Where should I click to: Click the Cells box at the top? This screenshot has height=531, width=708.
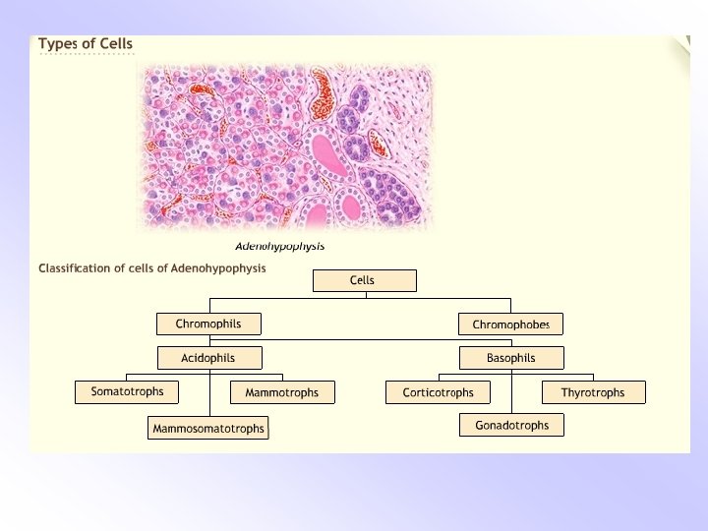pos(364,281)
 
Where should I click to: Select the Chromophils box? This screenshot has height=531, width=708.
pos(211,324)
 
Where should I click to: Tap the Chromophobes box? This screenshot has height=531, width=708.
pos(510,324)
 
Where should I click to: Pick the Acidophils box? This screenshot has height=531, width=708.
pos(208,357)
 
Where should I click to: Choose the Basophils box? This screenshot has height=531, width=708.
pos(510,357)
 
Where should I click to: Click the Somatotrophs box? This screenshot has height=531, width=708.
pos(128,391)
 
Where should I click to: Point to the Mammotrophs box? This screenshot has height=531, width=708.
pos(282,392)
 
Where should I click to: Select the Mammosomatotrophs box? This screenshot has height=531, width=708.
pos(208,429)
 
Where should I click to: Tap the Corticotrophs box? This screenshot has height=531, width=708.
pos(439,392)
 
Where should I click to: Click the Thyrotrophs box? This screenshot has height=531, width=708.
pos(593,392)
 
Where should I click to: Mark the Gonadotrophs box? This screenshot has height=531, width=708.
pos(511,425)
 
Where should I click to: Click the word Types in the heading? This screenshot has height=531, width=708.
pos(56,43)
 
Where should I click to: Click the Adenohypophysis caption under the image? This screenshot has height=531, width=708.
pos(280,246)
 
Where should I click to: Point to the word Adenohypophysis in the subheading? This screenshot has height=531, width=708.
pos(218,267)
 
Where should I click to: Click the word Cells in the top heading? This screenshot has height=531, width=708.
pos(115,43)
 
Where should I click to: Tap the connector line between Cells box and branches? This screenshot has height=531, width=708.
pos(364,295)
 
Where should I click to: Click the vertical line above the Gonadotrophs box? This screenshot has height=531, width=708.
pos(511,397)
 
